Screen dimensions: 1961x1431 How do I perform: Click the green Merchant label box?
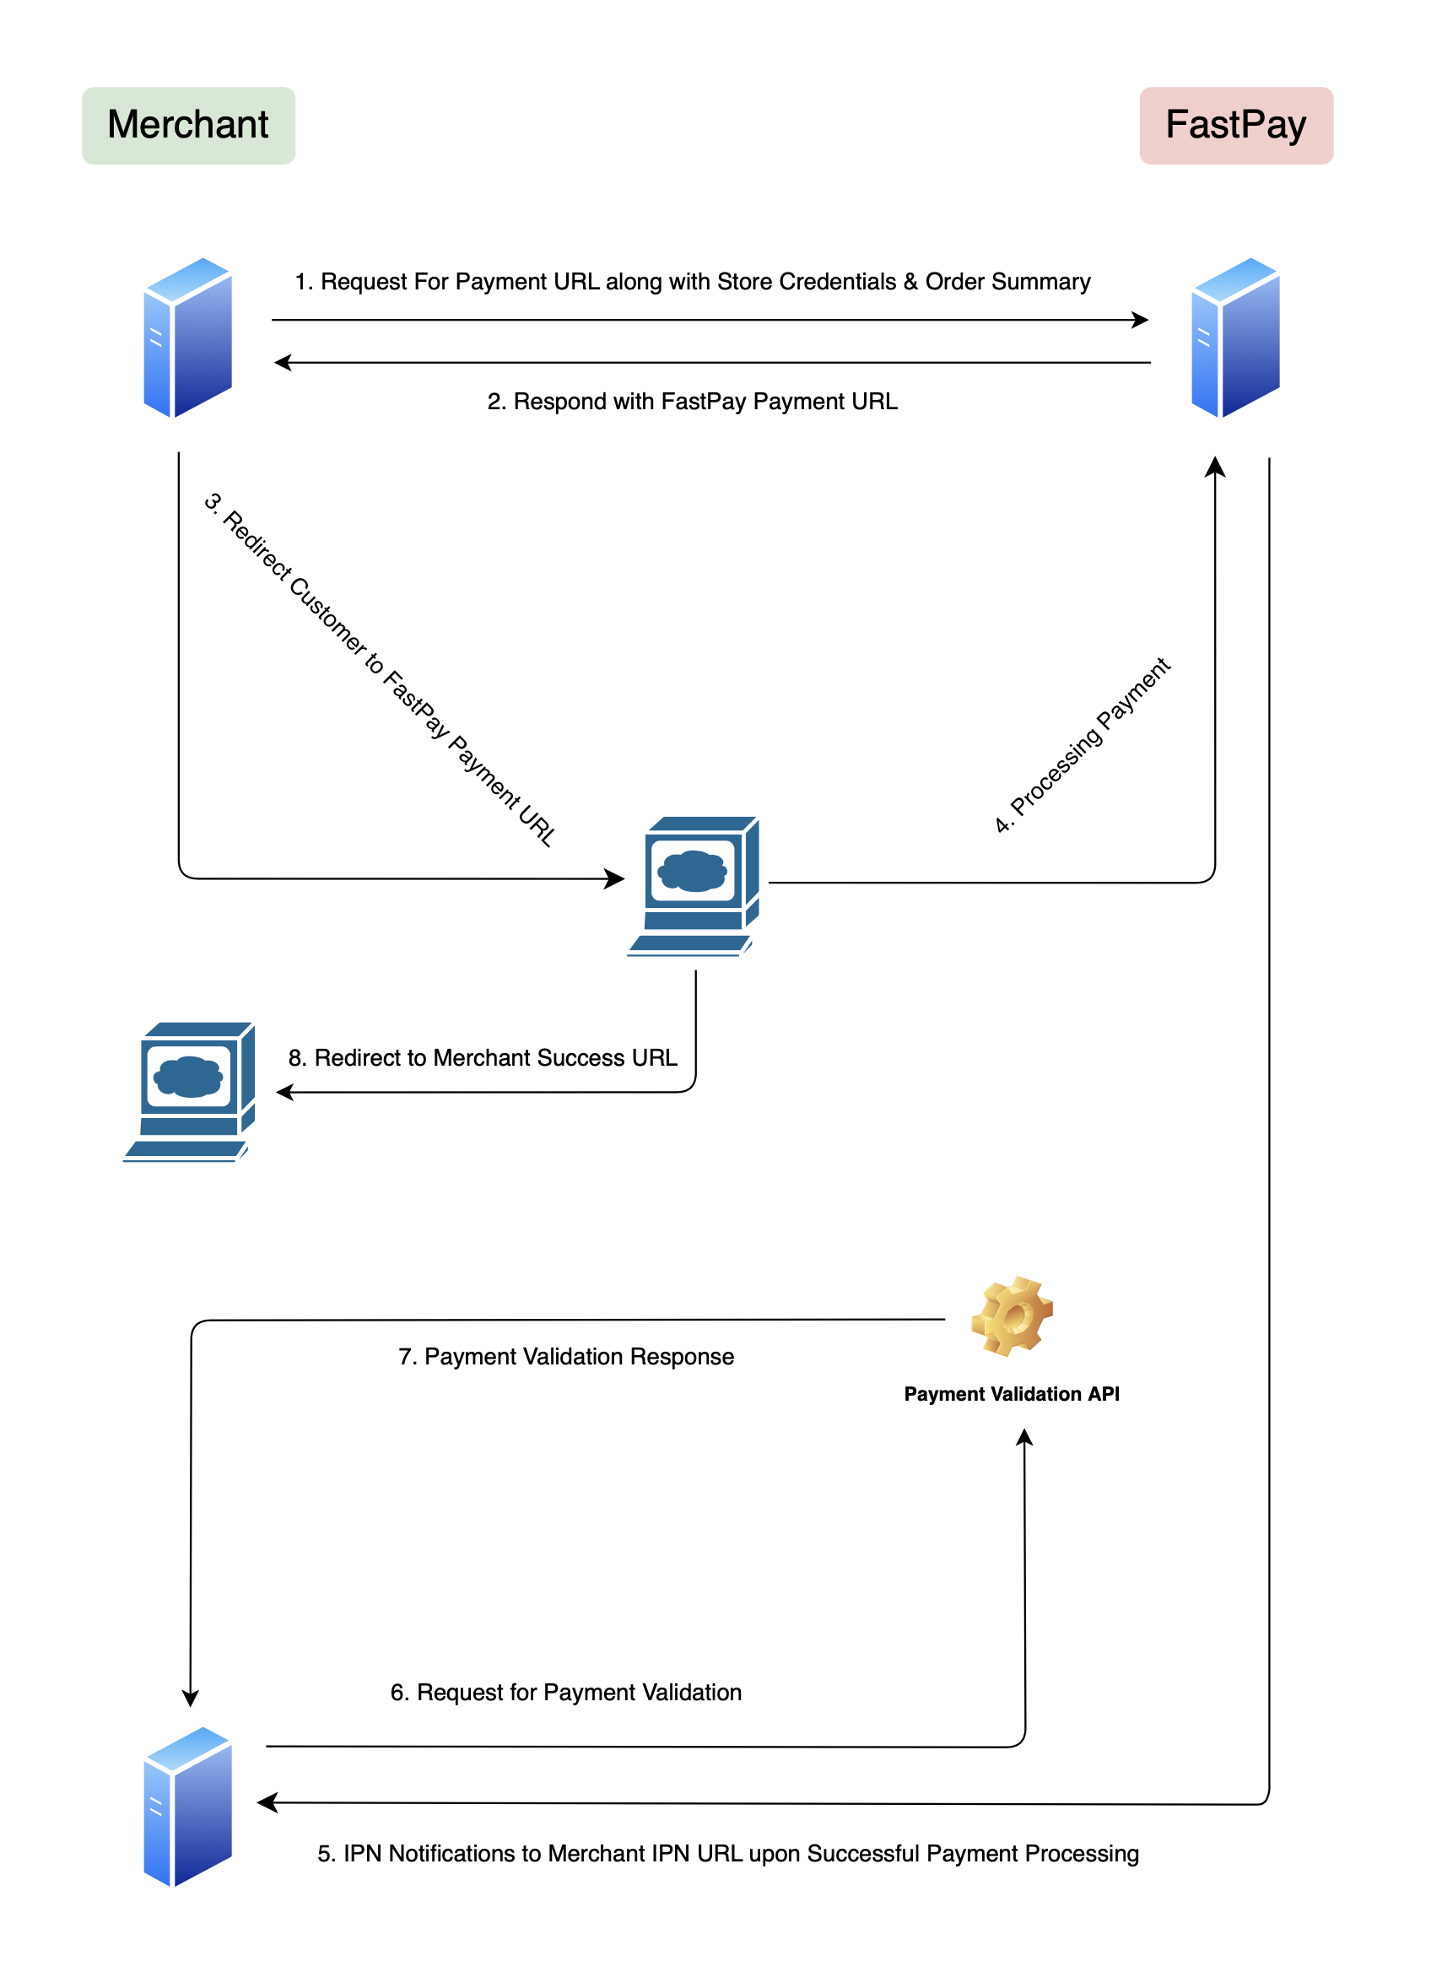tap(189, 126)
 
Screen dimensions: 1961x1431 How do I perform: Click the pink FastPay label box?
tap(1236, 126)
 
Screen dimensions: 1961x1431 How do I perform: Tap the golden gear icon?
tap(1012, 1315)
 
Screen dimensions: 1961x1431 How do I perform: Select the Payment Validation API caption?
tap(1012, 1394)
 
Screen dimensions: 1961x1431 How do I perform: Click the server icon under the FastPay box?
tap(1236, 338)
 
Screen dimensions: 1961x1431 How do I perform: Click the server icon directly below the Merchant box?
tap(188, 338)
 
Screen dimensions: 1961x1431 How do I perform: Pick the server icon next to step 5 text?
tap(188, 1806)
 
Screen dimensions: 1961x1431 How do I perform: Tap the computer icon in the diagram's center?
tap(694, 885)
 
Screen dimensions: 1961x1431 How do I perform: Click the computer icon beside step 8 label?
tap(190, 1091)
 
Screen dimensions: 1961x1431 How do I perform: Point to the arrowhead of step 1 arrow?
tap(1142, 321)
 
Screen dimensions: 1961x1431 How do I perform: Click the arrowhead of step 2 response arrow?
tap(283, 363)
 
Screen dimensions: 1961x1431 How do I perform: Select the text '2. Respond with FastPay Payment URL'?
tap(692, 402)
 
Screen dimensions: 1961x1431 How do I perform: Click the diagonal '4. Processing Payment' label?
tap(1082, 746)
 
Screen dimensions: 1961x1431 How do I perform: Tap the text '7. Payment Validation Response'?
tap(565, 1357)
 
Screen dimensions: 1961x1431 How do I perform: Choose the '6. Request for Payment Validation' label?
tap(565, 1693)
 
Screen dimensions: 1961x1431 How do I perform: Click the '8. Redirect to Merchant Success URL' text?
tap(483, 1057)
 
